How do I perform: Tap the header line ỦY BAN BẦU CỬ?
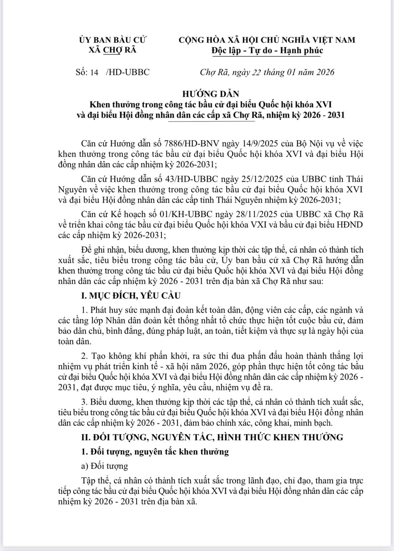pyautogui.click(x=112, y=40)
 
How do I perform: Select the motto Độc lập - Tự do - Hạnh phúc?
pyautogui.click(x=267, y=51)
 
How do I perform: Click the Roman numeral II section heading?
pyautogui.click(x=212, y=437)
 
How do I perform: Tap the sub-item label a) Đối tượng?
pyautogui.click(x=104, y=466)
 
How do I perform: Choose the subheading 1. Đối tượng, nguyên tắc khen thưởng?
pyautogui.click(x=155, y=452)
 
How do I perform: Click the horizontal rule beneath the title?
pyautogui.click(x=212, y=121)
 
